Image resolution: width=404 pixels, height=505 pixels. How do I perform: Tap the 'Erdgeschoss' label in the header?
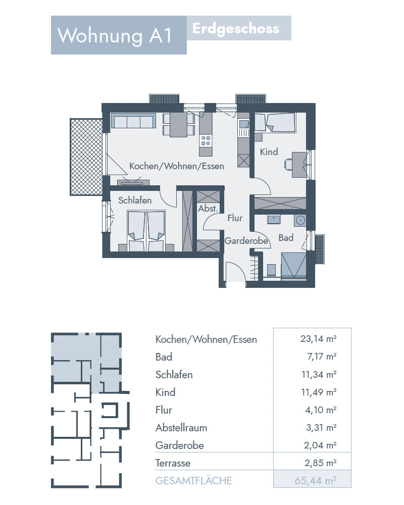click(x=235, y=29)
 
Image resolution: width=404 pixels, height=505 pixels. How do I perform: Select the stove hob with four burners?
click(x=206, y=140)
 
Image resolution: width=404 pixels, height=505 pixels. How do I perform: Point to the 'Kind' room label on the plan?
click(x=269, y=151)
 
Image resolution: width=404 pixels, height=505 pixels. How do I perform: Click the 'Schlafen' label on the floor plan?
click(x=135, y=200)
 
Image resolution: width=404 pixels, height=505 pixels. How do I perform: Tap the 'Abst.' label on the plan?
click(x=208, y=209)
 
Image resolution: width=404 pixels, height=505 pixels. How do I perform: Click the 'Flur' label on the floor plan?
click(x=235, y=218)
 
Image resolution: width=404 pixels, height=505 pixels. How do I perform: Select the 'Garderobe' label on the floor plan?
click(x=246, y=241)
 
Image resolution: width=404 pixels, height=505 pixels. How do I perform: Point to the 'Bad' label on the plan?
click(x=286, y=238)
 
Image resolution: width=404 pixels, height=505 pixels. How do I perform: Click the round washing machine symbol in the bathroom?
click(x=300, y=220)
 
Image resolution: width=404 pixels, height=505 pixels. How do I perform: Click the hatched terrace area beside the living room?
click(x=86, y=157)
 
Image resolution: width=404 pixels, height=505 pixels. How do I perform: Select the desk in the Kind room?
click(x=298, y=165)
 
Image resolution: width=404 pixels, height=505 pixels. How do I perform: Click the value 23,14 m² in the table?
click(x=318, y=339)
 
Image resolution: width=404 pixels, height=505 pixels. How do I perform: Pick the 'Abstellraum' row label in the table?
click(x=181, y=428)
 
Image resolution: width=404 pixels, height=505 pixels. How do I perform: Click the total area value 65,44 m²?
click(x=316, y=481)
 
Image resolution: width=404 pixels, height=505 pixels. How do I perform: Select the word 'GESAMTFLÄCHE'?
click(x=193, y=481)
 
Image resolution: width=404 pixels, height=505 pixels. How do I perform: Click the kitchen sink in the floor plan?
click(x=243, y=124)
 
